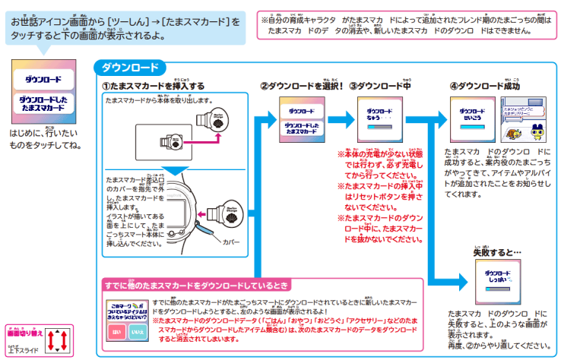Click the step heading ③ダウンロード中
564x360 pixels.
click(x=379, y=85)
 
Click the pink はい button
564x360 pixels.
click(x=116, y=331)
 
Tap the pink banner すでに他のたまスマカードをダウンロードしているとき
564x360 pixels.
click(x=196, y=286)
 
